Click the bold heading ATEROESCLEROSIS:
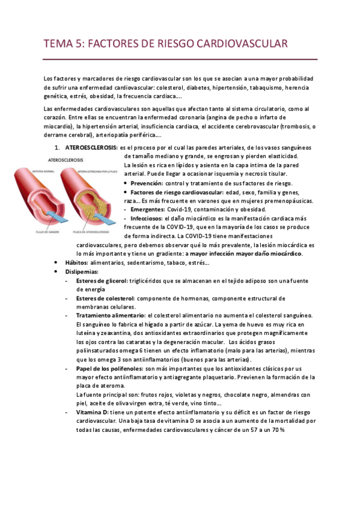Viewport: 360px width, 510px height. [x=91, y=147]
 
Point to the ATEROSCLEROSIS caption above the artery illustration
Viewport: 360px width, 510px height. [x=66, y=160]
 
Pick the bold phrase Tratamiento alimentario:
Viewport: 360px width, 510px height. [x=111, y=316]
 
